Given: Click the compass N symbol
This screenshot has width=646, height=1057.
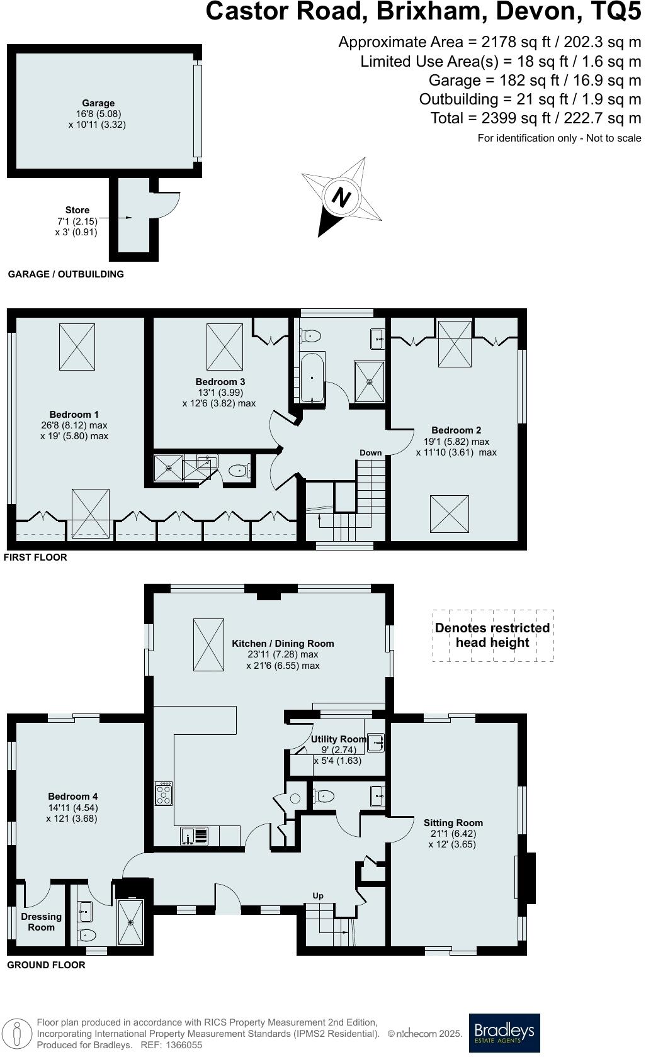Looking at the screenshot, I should point(341,197).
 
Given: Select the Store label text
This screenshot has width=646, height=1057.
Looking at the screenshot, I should point(77,210).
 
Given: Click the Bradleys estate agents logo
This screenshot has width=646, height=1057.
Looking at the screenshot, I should point(504,1032).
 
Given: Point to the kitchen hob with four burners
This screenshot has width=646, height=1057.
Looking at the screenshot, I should point(164,793).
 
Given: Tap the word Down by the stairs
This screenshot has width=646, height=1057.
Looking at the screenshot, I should point(370,452).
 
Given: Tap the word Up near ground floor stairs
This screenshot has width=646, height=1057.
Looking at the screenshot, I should point(318,895).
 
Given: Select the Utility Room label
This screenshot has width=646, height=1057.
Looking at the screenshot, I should point(338,739).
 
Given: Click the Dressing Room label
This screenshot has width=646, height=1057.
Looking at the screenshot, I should point(41,922).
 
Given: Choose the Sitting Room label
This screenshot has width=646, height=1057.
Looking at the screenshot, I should point(453,822).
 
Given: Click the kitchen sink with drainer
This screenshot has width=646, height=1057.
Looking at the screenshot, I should point(194,836).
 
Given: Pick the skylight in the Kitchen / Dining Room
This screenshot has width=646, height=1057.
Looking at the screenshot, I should point(208,645).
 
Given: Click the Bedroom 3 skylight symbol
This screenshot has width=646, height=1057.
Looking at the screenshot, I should point(225,347).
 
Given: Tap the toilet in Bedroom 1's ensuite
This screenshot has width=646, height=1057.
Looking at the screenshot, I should point(239,470).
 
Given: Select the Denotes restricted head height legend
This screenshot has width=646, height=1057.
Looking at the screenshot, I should point(492,635).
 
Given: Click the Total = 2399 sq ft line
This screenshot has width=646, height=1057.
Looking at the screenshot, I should point(535,118).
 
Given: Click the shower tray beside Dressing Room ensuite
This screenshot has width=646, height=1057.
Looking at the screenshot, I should point(131,922).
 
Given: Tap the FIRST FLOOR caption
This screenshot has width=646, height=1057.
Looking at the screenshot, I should point(37,557).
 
